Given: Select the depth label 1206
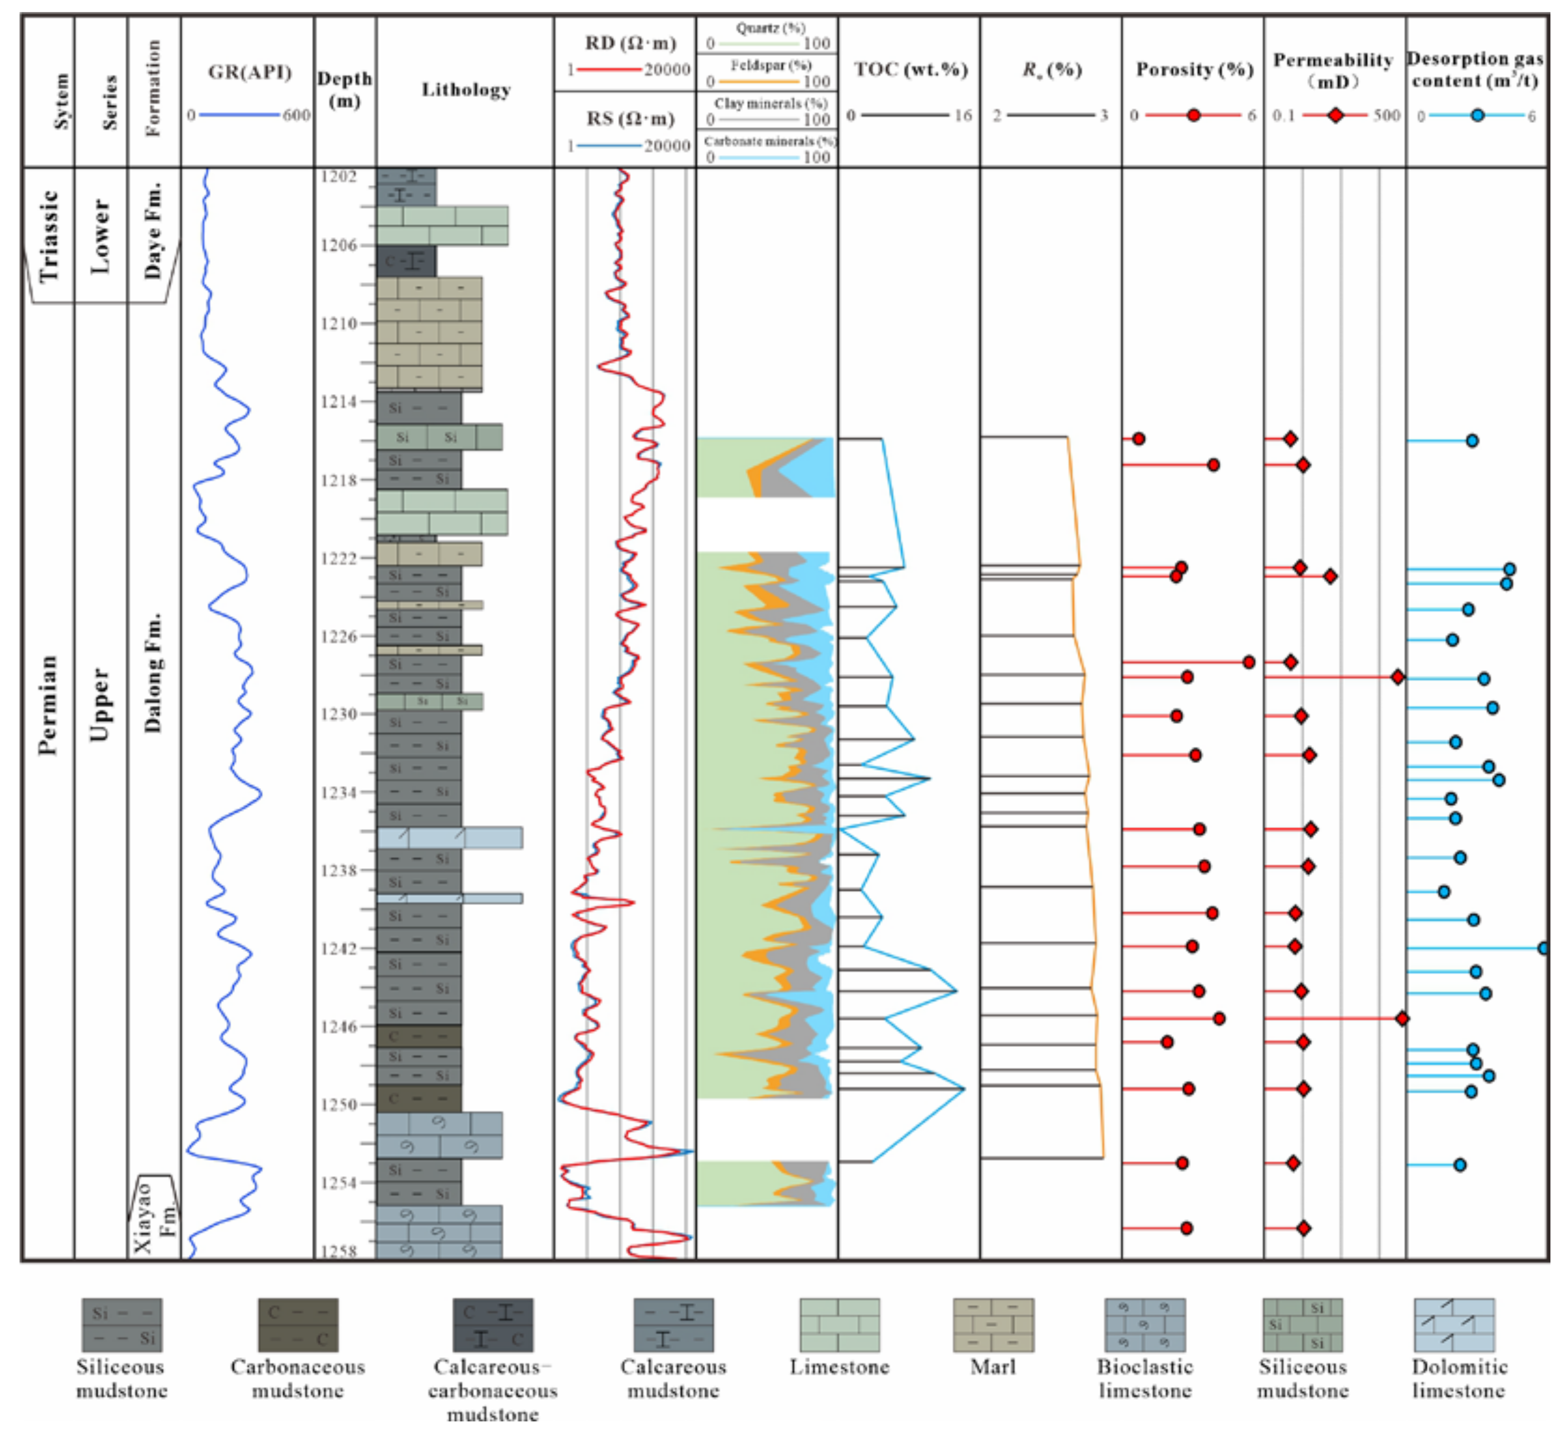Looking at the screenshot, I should click(x=339, y=245).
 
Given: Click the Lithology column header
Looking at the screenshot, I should click(x=465, y=90).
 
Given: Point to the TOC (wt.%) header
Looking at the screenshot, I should click(x=911, y=70).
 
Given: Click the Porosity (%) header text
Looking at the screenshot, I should click(x=1194, y=70).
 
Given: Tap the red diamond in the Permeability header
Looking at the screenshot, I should click(x=1335, y=115).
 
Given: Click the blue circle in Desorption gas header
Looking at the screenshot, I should click(x=1477, y=115).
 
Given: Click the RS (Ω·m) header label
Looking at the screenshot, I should click(x=630, y=119).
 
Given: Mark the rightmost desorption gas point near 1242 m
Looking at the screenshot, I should click(x=1543, y=948).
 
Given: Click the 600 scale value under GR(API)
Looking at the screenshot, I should click(x=296, y=115).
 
